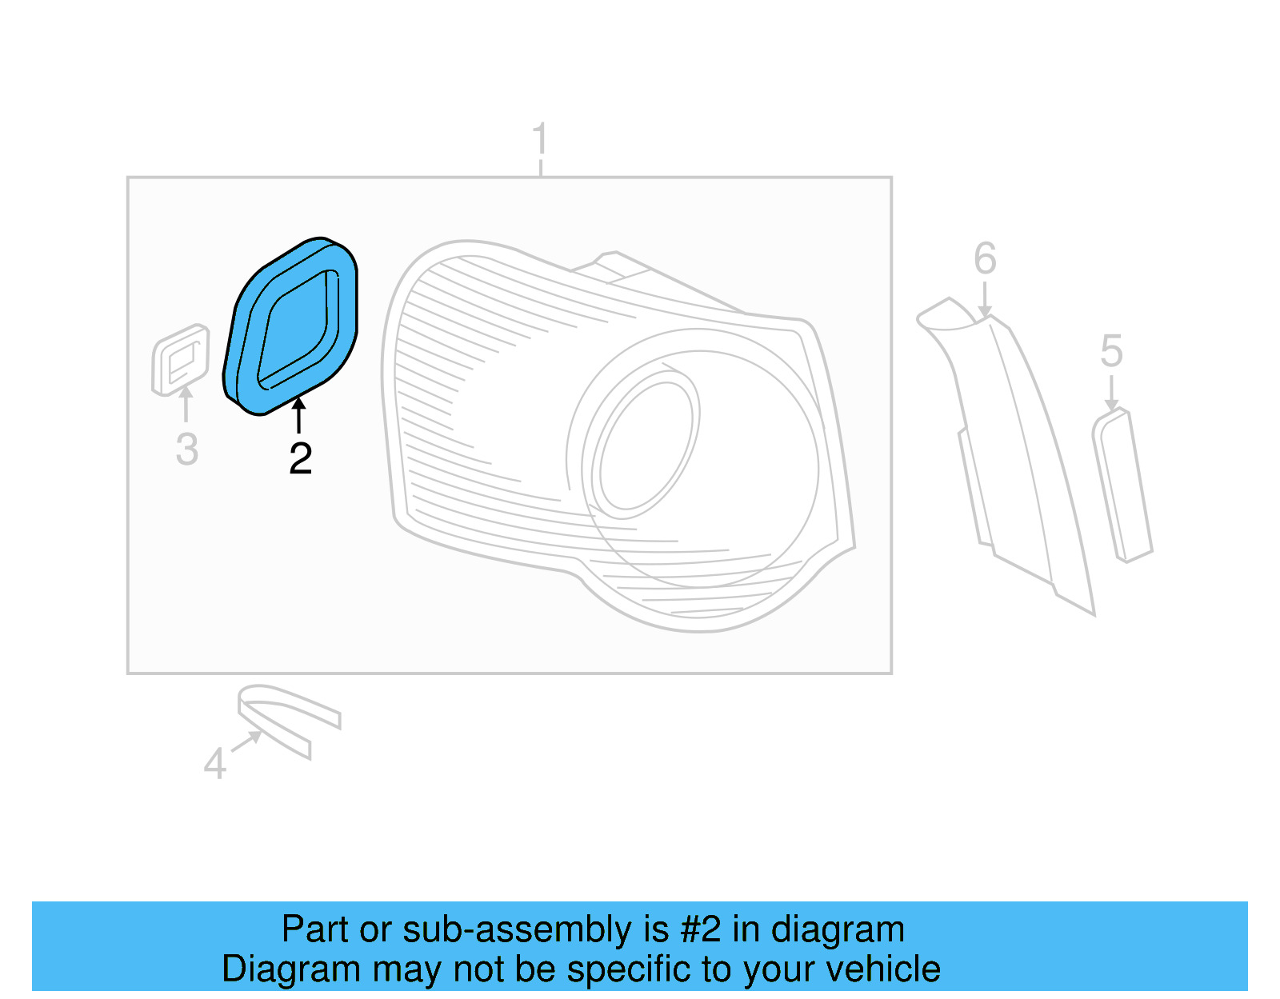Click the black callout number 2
tap(300, 459)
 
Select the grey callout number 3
tap(186, 450)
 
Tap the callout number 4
tap(214, 764)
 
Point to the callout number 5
tap(1111, 352)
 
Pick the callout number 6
tap(985, 259)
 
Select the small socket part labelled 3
tap(181, 359)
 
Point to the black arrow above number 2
tap(298, 415)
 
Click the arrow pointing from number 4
tap(246, 741)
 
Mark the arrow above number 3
tap(186, 403)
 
